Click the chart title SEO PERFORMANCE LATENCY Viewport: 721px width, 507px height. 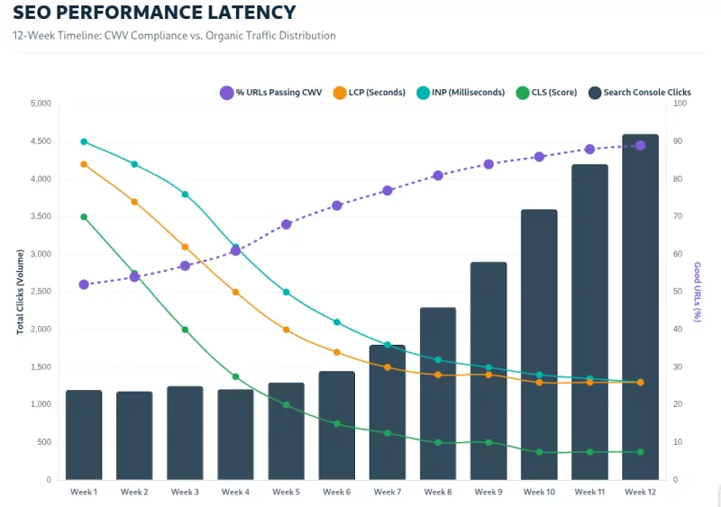pyautogui.click(x=154, y=13)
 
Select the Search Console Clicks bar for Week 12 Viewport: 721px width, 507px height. pyautogui.click(x=640, y=307)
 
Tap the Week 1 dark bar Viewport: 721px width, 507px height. pyautogui.click(x=84, y=435)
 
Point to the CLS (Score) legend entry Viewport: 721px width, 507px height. pyautogui.click(x=547, y=93)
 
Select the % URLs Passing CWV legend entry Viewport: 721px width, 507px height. pyautogui.click(x=271, y=93)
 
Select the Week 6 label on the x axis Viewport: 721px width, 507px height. pyautogui.click(x=336, y=493)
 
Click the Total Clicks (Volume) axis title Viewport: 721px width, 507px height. pyautogui.click(x=20, y=292)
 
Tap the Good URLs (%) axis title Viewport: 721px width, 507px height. pyautogui.click(x=698, y=292)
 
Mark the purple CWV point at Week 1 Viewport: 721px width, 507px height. pyautogui.click(x=84, y=285)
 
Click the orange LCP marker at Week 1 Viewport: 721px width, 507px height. pyautogui.click(x=84, y=164)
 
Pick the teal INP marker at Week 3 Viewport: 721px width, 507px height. pyautogui.click(x=185, y=195)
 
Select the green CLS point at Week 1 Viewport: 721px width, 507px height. pyautogui.click(x=84, y=217)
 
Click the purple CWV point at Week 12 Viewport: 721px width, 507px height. pyautogui.click(x=640, y=145)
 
